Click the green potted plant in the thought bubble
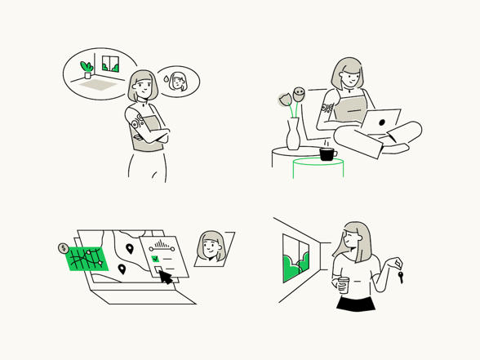86,67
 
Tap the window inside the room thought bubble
109,64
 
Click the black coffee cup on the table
327,153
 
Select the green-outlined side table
318,167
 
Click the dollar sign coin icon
63,248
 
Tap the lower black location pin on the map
122,269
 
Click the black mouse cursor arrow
167,278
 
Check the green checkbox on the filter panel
155,259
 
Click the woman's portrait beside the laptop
211,247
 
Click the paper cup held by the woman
343,284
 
